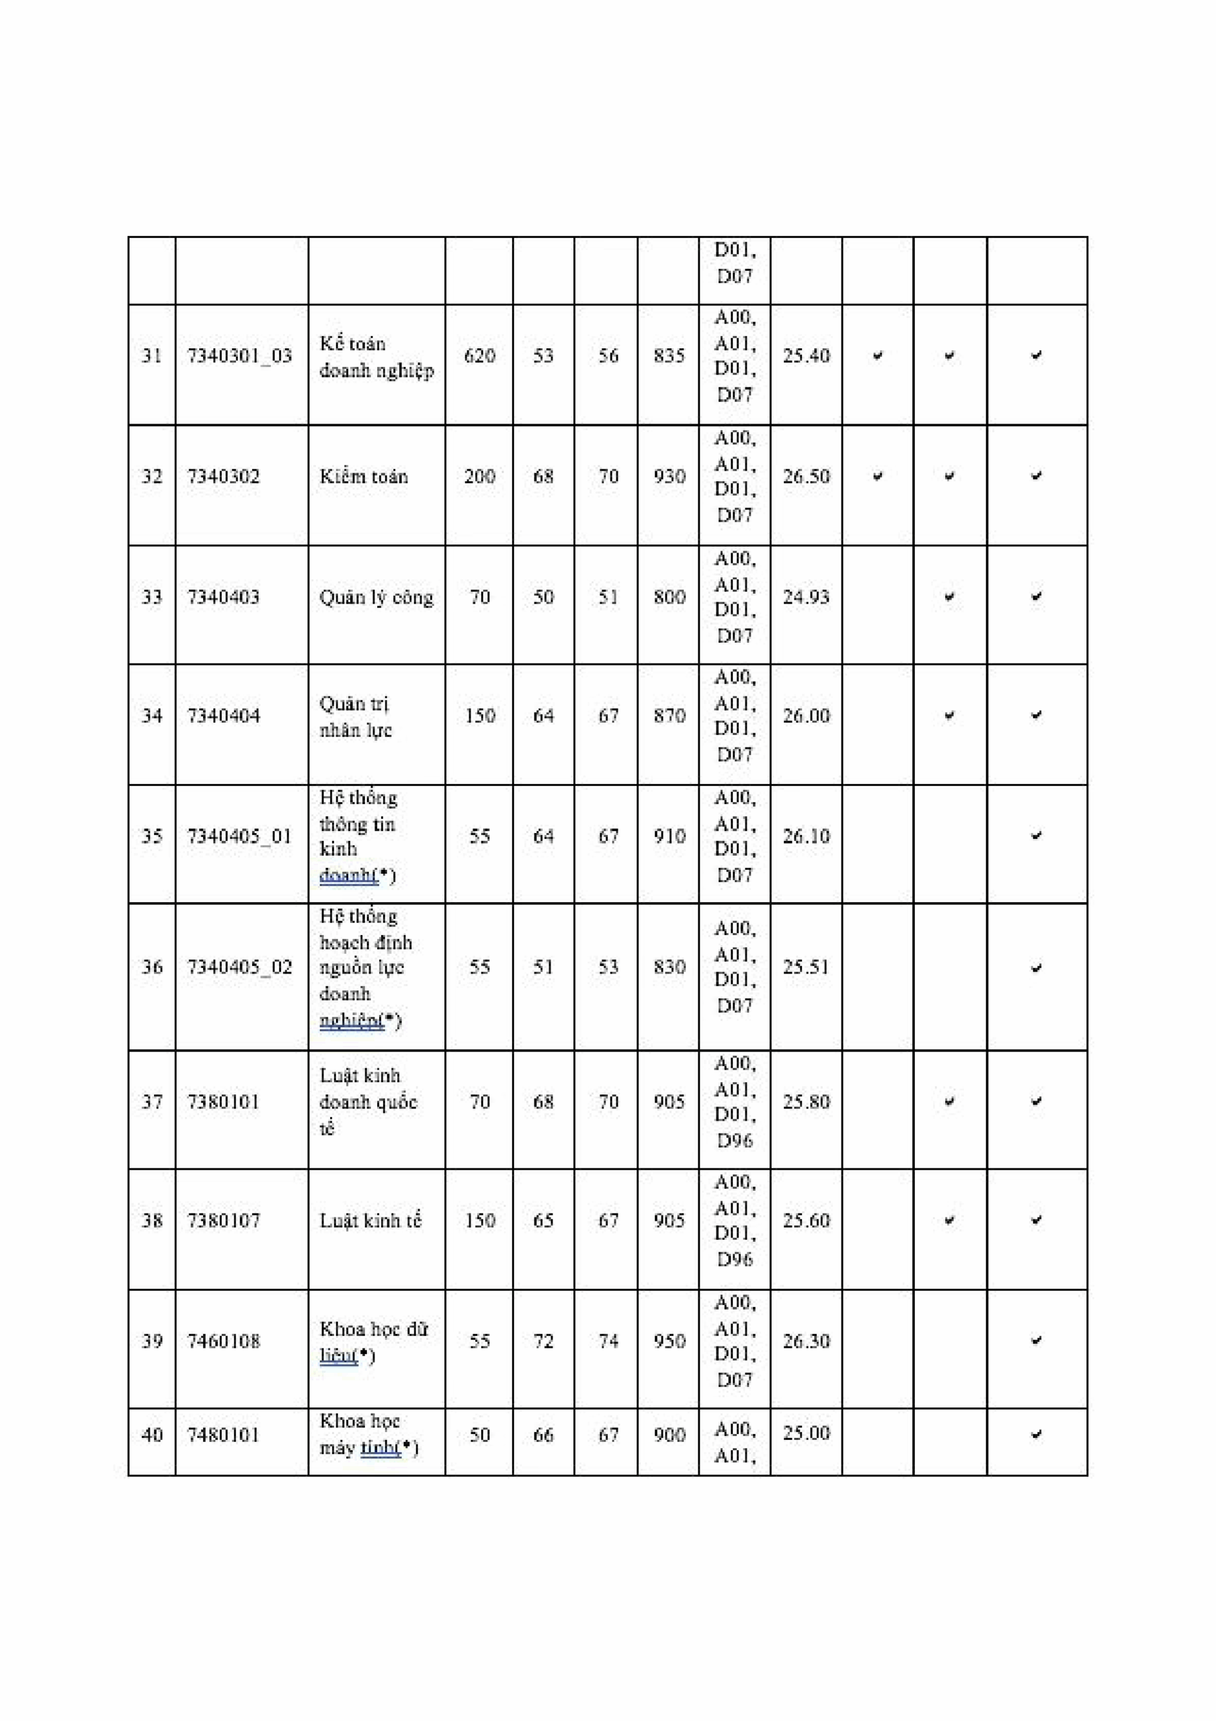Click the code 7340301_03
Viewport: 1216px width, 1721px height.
click(x=239, y=356)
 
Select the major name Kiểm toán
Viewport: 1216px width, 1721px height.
click(x=364, y=477)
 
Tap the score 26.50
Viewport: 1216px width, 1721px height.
click(x=806, y=477)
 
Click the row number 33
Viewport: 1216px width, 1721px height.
click(x=152, y=598)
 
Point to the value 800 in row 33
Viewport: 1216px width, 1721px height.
click(x=669, y=598)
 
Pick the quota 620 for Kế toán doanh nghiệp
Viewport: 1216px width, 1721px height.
click(x=479, y=356)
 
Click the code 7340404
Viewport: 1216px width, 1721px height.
click(x=223, y=716)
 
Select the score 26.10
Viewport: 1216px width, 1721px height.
click(x=806, y=836)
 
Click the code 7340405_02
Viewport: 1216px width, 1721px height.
click(x=239, y=967)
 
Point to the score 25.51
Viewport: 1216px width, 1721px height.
click(x=806, y=967)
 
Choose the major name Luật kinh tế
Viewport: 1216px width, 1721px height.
click(x=370, y=1220)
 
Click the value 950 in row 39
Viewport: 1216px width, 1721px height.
click(x=669, y=1341)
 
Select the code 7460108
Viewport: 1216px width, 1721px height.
click(x=223, y=1341)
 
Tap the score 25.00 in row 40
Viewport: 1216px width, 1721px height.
click(x=806, y=1433)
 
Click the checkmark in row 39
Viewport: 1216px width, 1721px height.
click(x=1036, y=1340)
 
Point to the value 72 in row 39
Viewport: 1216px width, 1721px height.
click(x=542, y=1341)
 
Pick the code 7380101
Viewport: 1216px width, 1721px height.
click(x=223, y=1102)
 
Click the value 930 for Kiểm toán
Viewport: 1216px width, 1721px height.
click(x=669, y=477)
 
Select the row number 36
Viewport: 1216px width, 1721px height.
click(x=152, y=967)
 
